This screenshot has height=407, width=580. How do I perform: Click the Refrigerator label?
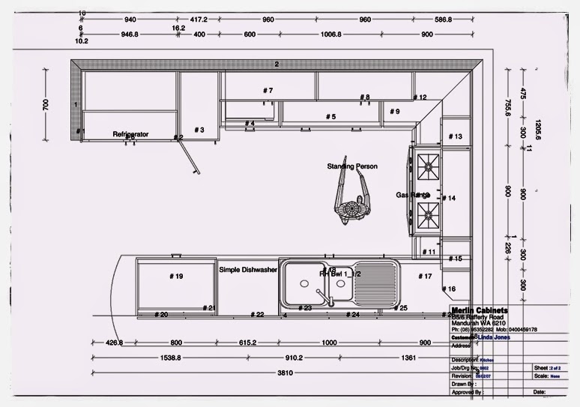(x=130, y=134)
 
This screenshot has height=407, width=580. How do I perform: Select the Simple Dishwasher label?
(x=249, y=269)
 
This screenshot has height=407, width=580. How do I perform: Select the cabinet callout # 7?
(x=268, y=91)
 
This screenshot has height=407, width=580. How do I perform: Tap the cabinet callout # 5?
(x=330, y=117)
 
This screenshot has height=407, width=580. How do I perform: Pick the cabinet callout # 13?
(x=455, y=136)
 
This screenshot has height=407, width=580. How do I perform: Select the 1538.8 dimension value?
(x=170, y=358)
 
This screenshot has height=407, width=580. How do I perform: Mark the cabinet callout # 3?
(x=199, y=130)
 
